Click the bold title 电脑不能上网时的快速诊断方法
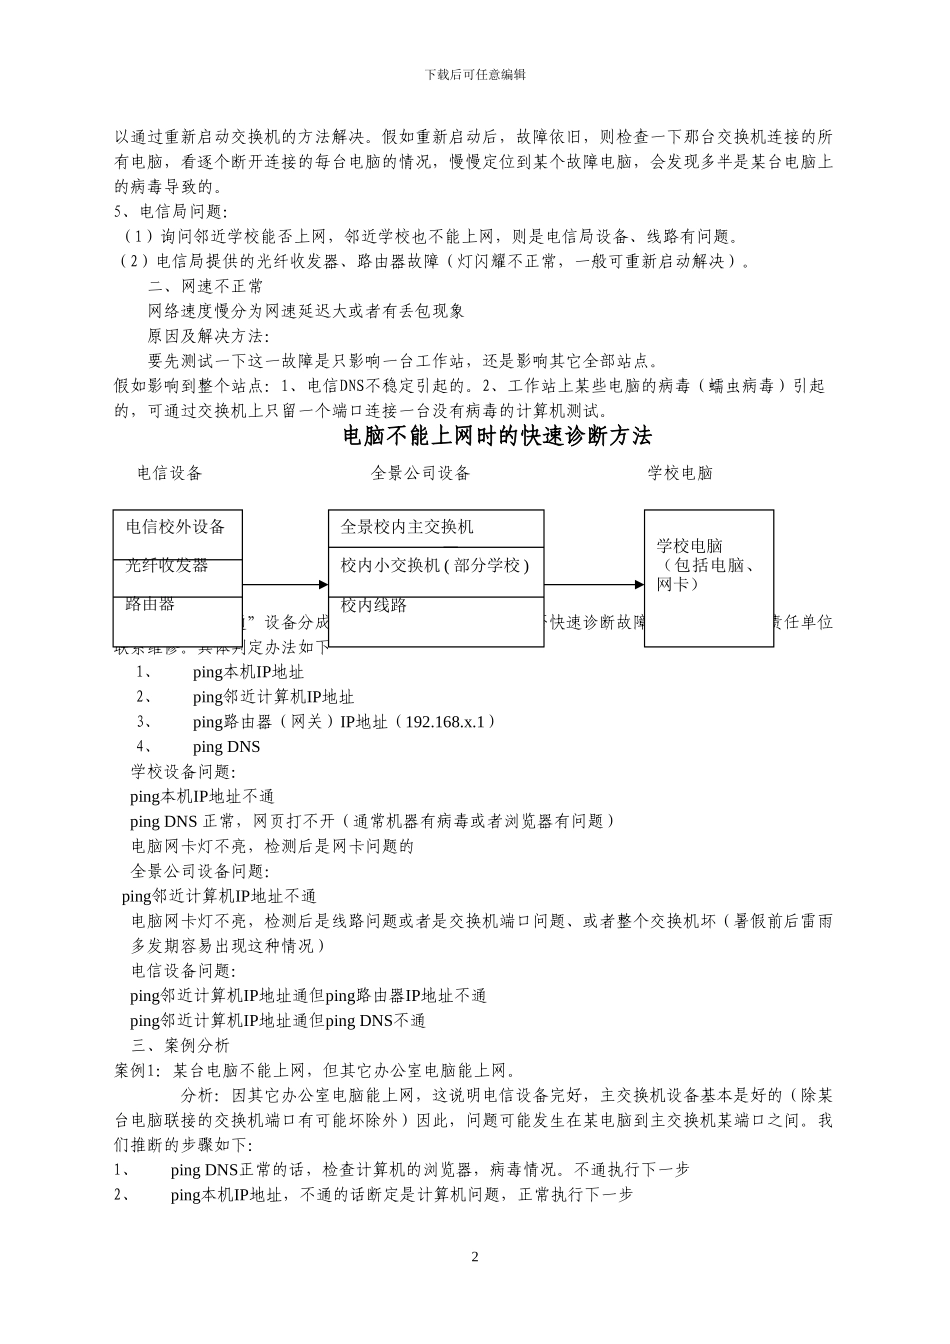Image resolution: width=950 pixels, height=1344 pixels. pyautogui.click(x=496, y=437)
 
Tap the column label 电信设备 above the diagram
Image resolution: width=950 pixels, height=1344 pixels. pyautogui.click(x=170, y=473)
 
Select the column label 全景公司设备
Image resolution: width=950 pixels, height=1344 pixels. pyautogui.click(x=421, y=473)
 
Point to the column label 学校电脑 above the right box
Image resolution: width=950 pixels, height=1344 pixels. pyautogui.click(x=680, y=473)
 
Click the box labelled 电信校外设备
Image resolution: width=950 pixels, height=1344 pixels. pyautogui.click(x=177, y=527)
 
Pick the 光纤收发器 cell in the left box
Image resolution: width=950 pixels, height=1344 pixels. pyautogui.click(x=177, y=567)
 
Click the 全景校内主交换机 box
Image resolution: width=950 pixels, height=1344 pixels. pyautogui.click(x=436, y=527)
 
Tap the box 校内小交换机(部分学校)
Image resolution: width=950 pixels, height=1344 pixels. pyautogui.click(x=436, y=566)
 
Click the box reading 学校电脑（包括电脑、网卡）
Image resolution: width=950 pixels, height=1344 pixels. pyautogui.click(x=708, y=566)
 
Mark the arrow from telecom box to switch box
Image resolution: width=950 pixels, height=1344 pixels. pyautogui.click(x=285, y=585)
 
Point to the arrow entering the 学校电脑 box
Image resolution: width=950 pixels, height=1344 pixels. pyautogui.click(x=594, y=585)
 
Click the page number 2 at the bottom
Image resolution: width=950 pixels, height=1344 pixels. pyautogui.click(x=475, y=1257)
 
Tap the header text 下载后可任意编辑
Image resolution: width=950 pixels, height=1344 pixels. pyautogui.click(x=475, y=75)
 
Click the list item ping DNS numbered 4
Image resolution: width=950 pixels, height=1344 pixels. pyautogui.click(x=226, y=747)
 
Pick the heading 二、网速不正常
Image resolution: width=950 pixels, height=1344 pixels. pyautogui.click(x=191, y=286)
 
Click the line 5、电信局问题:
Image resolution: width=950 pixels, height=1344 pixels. pyautogui.click(x=171, y=212)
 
